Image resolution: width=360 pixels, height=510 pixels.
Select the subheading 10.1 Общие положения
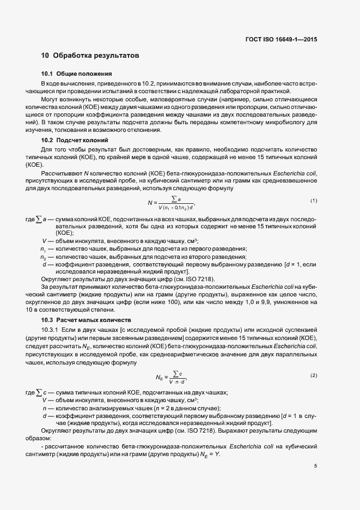tap(77, 74)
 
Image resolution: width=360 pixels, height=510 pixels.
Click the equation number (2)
tap(314, 376)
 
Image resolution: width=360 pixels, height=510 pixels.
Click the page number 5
tap(316, 465)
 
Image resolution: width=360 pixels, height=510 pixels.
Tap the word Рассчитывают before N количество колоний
tap(58, 174)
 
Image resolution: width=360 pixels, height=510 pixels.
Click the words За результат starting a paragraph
tap(58, 286)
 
